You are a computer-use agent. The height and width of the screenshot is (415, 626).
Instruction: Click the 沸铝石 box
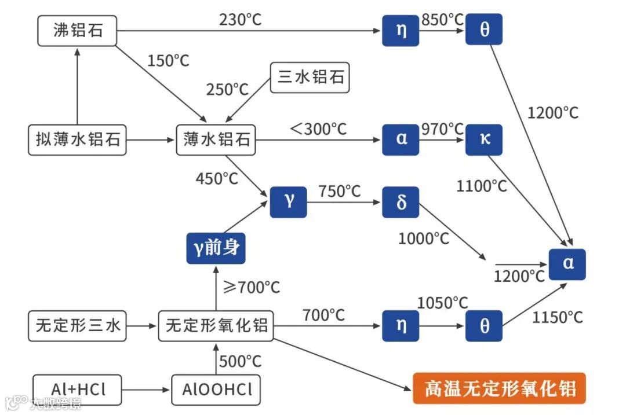[x=77, y=31]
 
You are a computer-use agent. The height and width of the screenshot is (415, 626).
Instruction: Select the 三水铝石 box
[x=310, y=78]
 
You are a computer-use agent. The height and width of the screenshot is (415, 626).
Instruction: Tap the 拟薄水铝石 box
[x=77, y=140]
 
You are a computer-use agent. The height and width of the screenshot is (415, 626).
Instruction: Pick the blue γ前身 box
[x=216, y=249]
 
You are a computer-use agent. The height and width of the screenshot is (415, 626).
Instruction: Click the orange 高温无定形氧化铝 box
[x=499, y=387]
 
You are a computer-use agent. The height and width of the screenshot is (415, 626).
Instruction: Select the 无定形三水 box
[x=77, y=326]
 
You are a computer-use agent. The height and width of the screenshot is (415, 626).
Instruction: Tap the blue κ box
[x=484, y=140]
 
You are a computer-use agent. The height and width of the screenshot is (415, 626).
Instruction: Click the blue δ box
[x=401, y=203]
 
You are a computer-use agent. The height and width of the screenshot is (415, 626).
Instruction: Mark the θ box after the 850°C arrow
[x=484, y=30]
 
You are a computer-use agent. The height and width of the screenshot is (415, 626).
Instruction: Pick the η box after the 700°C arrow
[x=401, y=326]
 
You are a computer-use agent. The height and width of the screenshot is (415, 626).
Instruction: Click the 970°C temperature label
[x=442, y=128]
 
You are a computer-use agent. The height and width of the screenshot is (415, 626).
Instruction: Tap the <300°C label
[x=318, y=128]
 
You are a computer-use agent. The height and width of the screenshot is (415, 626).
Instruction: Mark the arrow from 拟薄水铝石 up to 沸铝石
[x=77, y=87]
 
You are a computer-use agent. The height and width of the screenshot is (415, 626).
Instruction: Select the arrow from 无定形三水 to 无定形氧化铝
[x=141, y=326]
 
